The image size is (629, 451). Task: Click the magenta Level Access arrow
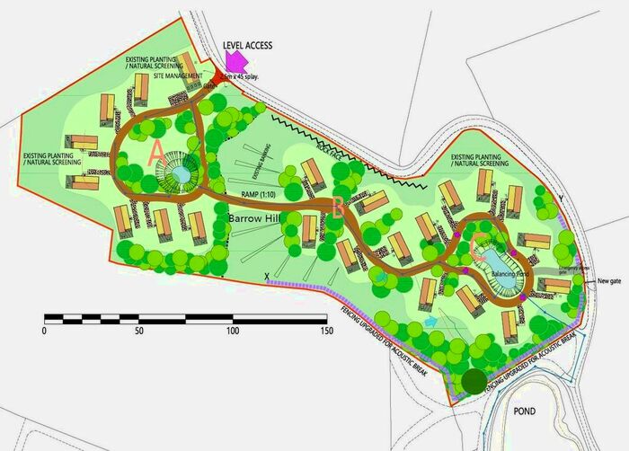[x=235, y=61]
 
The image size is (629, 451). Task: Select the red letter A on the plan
[x=156, y=153]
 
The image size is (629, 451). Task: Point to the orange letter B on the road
[x=337, y=208]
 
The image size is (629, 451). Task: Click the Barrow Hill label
[x=255, y=218]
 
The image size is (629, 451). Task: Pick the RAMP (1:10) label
[x=258, y=194]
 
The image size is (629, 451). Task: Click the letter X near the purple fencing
[x=268, y=276]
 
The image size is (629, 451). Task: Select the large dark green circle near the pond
[x=474, y=381]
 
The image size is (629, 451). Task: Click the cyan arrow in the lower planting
[x=431, y=320]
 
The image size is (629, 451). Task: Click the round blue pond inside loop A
[x=180, y=174]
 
